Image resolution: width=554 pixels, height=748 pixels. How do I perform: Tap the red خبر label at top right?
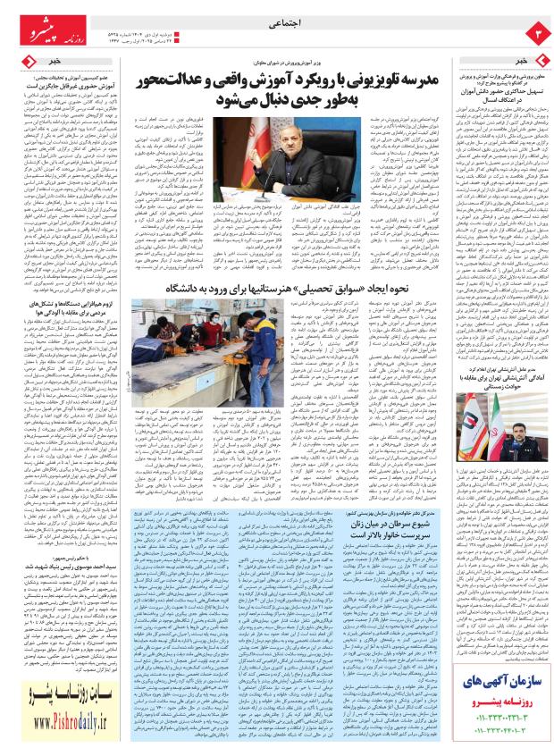click(522, 60)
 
